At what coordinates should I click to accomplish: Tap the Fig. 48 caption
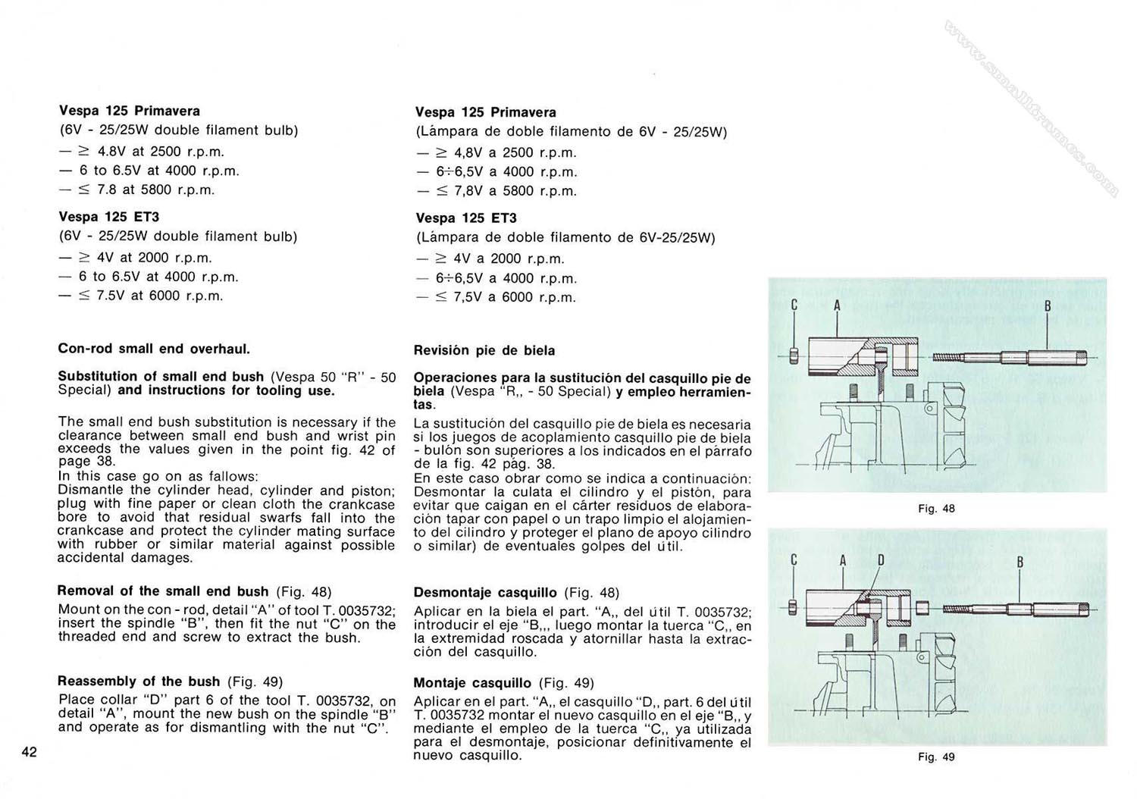tap(936, 509)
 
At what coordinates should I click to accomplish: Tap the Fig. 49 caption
tap(936, 757)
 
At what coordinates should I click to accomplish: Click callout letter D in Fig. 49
tap(881, 561)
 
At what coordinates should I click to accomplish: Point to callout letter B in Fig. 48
tap(1048, 306)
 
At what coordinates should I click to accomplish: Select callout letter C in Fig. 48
tap(794, 305)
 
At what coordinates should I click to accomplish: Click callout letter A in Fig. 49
tap(842, 561)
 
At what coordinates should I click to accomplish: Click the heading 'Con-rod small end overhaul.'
tap(154, 349)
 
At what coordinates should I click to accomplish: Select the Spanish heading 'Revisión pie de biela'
tap(484, 350)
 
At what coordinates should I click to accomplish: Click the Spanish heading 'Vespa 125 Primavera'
tap(485, 112)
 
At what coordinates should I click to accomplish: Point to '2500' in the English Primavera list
tap(165, 152)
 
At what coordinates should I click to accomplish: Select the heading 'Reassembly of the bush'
tap(139, 681)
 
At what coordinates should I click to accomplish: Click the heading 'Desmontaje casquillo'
tap(485, 592)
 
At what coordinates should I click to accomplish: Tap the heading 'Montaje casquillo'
tap(472, 682)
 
